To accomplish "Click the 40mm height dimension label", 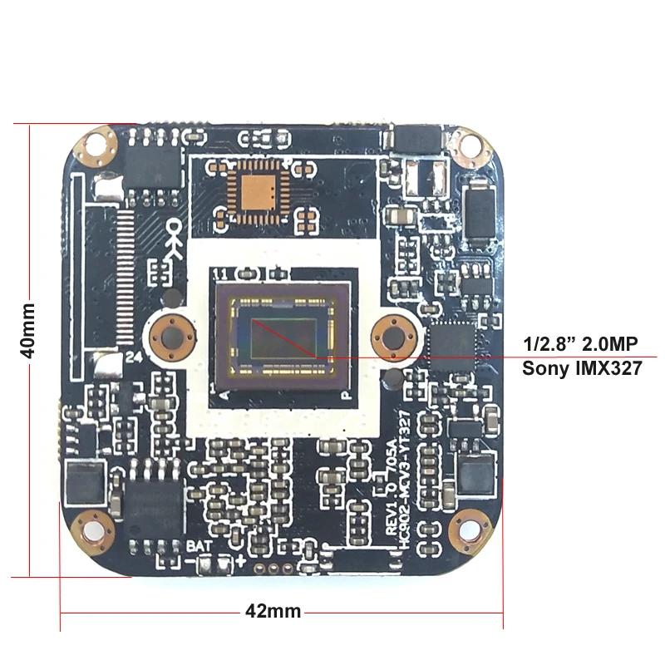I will (x=27, y=330).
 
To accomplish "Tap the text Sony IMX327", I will (x=582, y=367).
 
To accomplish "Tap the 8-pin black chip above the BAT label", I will (x=155, y=503).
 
